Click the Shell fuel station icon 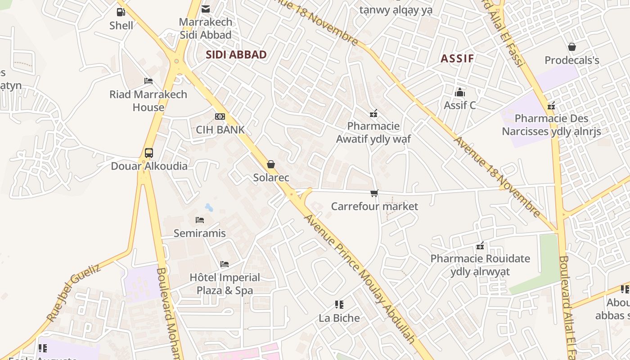(x=121, y=12)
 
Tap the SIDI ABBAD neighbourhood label (x=236, y=55)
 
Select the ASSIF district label (x=457, y=58)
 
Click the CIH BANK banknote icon (x=220, y=117)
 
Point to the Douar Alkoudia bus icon (x=149, y=153)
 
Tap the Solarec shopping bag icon (x=271, y=164)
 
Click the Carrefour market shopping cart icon (x=374, y=193)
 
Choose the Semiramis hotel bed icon (x=200, y=220)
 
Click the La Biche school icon (x=339, y=305)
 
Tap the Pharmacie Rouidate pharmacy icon (x=480, y=246)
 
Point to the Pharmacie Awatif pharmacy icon (x=373, y=113)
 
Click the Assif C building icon (x=459, y=92)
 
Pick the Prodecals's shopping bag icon (x=572, y=47)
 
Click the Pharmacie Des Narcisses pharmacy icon (x=551, y=106)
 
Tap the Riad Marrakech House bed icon (x=148, y=81)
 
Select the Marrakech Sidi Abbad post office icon (x=206, y=9)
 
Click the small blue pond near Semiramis (x=209, y=207)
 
